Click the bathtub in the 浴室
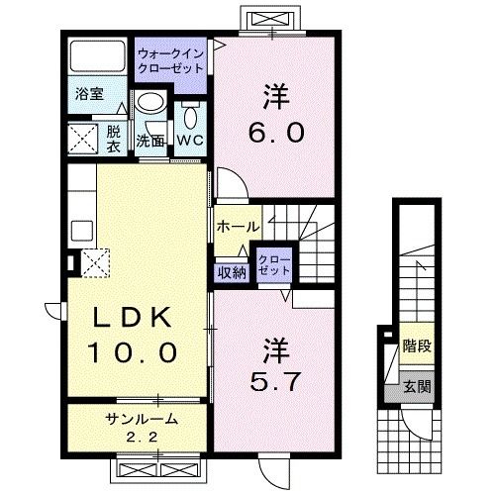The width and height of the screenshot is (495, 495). pyautogui.click(x=98, y=56)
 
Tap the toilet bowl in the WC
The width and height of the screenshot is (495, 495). pyautogui.click(x=190, y=117)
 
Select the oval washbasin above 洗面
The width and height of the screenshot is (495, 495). pyautogui.click(x=150, y=102)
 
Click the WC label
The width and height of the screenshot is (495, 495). pyautogui.click(x=190, y=141)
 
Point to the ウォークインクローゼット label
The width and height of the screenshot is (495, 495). pyautogui.click(x=170, y=61)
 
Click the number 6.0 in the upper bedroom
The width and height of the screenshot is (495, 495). pyautogui.click(x=276, y=132)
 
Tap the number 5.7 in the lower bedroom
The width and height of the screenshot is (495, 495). pyautogui.click(x=275, y=381)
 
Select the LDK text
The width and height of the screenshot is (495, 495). pyautogui.click(x=133, y=317)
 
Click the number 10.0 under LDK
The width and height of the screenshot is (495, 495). pyautogui.click(x=133, y=351)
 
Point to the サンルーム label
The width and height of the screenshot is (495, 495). pyautogui.click(x=142, y=419)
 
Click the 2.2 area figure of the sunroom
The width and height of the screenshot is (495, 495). pyautogui.click(x=142, y=438)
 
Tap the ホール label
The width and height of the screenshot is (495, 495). pyautogui.click(x=238, y=227)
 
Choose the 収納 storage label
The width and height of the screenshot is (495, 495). pyautogui.click(x=232, y=273)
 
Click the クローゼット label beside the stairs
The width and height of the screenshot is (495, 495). pyautogui.click(x=274, y=265)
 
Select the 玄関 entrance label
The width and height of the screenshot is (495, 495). pyautogui.click(x=418, y=386)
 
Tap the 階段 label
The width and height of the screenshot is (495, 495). pyautogui.click(x=417, y=346)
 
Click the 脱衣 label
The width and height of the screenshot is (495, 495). pyautogui.click(x=113, y=140)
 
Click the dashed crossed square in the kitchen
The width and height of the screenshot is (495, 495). pyautogui.click(x=95, y=263)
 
